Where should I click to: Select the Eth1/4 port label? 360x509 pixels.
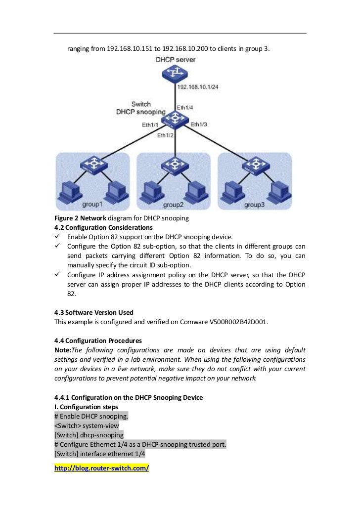point(185,107)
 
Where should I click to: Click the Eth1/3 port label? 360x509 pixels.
point(199,124)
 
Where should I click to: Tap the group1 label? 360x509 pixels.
point(92,204)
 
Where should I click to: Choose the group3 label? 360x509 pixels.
point(255,204)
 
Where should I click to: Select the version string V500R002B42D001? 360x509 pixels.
point(239,322)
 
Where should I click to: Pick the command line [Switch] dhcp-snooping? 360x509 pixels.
point(89,435)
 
